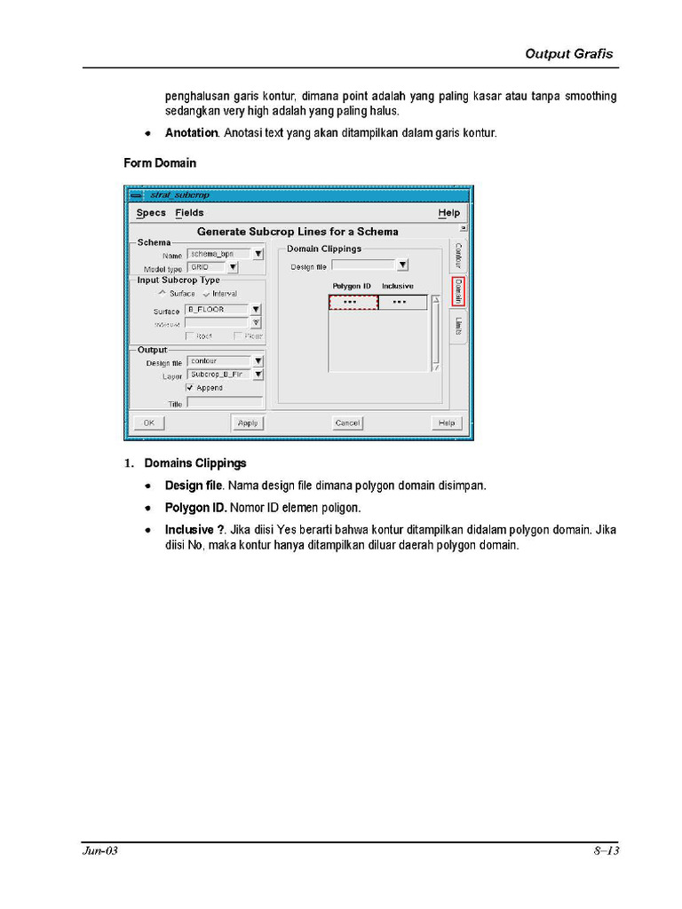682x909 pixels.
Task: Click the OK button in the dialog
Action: [148, 423]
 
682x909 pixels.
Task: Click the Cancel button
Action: [347, 423]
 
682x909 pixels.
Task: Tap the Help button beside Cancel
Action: [447, 423]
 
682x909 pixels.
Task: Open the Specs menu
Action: [151, 213]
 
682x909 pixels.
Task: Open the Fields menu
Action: [189, 213]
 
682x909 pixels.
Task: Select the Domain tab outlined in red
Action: [458, 291]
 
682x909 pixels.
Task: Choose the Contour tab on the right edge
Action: [458, 257]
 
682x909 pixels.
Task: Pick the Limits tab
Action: [458, 328]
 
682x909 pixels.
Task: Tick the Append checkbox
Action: [190, 388]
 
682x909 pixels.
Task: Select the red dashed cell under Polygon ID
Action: [353, 303]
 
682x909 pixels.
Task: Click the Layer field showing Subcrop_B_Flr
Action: [218, 375]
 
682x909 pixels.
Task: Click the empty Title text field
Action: [225, 403]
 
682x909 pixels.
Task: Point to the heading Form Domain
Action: [160, 163]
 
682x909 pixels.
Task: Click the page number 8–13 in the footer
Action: [606, 851]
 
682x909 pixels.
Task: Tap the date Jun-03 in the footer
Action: [100, 851]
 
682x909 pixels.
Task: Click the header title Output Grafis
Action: [568, 54]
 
